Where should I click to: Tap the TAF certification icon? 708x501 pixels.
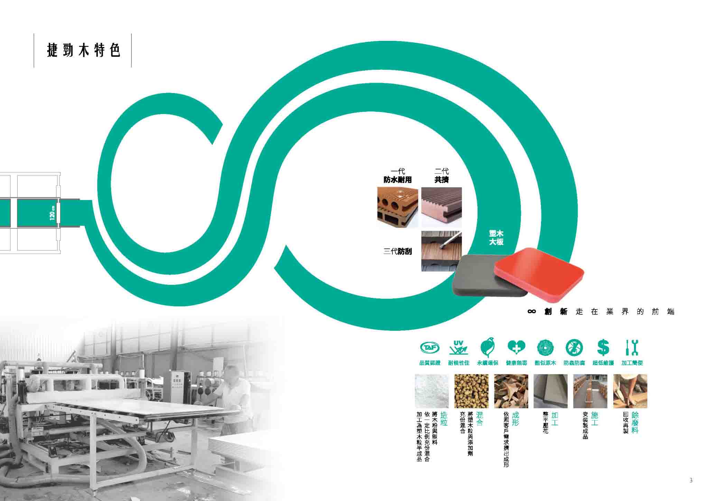pyautogui.click(x=429, y=347)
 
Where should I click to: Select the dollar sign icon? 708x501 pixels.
pyautogui.click(x=603, y=347)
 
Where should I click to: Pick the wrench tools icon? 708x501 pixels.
pyautogui.click(x=632, y=347)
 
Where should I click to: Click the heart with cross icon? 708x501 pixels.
pyautogui.click(x=516, y=348)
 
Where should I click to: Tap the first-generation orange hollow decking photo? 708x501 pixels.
pyautogui.click(x=395, y=207)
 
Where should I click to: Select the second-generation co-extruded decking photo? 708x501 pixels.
pyautogui.click(x=441, y=207)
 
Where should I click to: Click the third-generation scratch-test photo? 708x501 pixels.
pyautogui.click(x=441, y=251)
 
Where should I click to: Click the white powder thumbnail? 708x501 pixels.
pyautogui.click(x=432, y=391)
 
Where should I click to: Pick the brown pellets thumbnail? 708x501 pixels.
pyautogui.click(x=471, y=391)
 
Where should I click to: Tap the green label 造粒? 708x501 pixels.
pyautogui.click(x=444, y=419)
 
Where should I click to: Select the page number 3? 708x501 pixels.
pyautogui.click(x=691, y=480)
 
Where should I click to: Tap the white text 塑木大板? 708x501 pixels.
pyautogui.click(x=496, y=237)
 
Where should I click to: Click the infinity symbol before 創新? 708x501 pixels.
pyautogui.click(x=532, y=312)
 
